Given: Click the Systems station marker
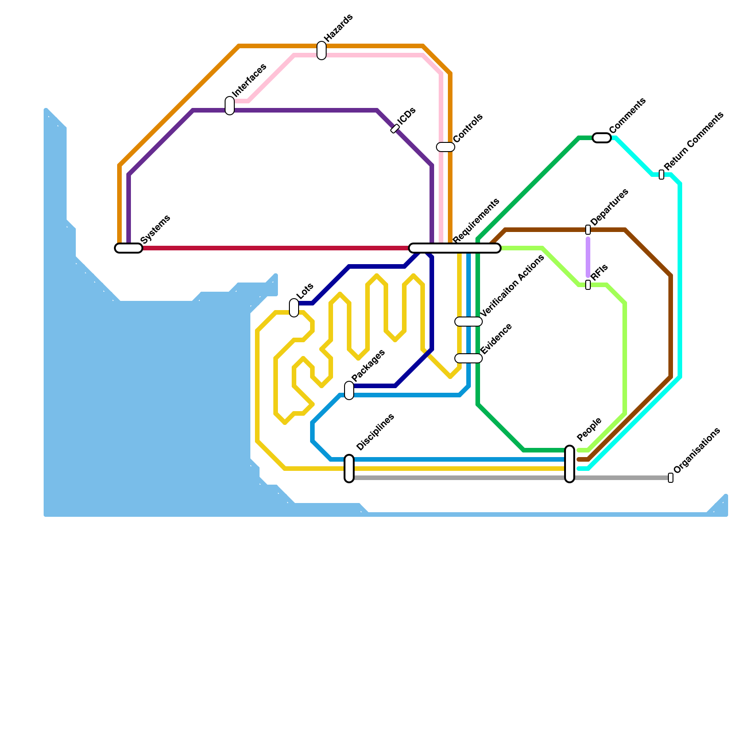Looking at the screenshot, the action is [x=129, y=248].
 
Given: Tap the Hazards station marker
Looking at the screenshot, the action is [x=322, y=51].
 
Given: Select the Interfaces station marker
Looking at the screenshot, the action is [x=230, y=106].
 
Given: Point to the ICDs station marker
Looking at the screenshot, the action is [x=395, y=129].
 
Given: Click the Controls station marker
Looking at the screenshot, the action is [x=446, y=147].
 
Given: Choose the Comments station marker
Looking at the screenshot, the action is [x=602, y=138].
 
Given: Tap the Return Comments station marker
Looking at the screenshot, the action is [x=661, y=175].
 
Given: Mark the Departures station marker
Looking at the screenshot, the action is [x=588, y=230].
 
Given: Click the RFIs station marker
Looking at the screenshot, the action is [x=588, y=285].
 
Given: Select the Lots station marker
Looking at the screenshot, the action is [x=294, y=308].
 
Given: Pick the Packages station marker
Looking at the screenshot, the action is [x=349, y=390].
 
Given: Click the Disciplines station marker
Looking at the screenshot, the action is [x=349, y=469].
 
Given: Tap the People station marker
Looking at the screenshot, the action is [x=570, y=464].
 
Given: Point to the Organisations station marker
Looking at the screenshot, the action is [x=671, y=478].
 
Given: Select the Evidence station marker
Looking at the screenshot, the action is [x=469, y=358].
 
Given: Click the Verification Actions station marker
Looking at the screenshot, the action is [x=469, y=322].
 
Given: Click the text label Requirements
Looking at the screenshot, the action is [x=476, y=221].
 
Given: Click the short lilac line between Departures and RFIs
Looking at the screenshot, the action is [x=588, y=257].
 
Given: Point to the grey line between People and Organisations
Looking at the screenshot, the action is [x=620, y=478].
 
